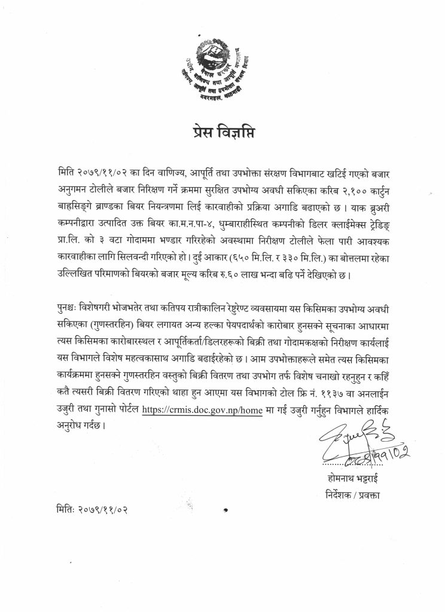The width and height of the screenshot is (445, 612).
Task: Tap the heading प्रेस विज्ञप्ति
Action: coord(222,131)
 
